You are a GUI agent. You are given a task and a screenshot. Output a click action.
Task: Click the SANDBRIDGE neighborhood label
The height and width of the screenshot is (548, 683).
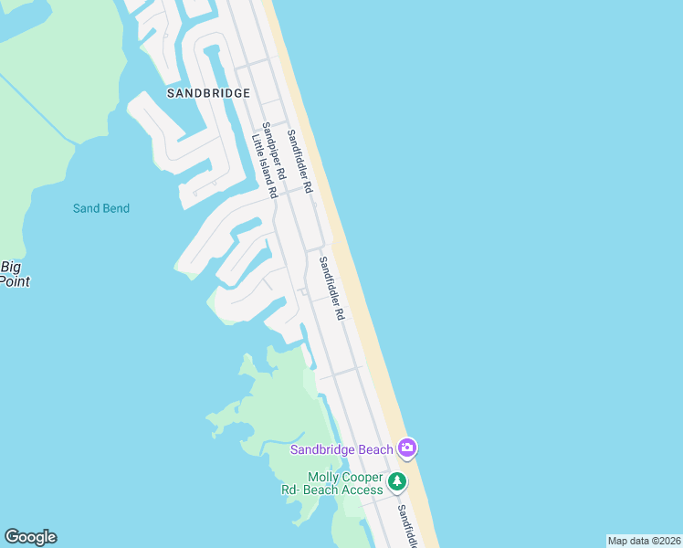tap(208, 93)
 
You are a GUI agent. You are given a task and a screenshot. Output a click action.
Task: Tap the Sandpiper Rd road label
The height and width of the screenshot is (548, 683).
tap(273, 149)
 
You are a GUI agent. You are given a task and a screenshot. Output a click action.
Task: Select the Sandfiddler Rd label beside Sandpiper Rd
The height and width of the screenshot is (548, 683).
tap(299, 161)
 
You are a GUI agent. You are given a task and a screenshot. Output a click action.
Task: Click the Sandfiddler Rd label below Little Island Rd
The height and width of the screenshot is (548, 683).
tap(331, 288)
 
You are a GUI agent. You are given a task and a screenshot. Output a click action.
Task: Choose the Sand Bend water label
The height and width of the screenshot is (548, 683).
tap(101, 208)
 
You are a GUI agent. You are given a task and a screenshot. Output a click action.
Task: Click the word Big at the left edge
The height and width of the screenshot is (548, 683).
tap(11, 267)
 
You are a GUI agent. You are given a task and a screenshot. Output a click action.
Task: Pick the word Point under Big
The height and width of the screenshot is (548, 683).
tap(16, 281)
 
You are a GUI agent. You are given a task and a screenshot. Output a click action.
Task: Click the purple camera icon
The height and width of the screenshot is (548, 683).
tap(407, 448)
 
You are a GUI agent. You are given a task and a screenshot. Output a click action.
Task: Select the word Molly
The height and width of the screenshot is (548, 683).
tap(324, 477)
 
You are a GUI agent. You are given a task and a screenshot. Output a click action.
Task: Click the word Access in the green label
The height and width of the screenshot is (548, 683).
tap(363, 490)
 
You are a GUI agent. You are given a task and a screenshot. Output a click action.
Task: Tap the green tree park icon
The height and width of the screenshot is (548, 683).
tap(396, 481)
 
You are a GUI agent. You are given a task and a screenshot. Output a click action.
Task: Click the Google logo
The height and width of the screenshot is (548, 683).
tap(30, 537)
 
